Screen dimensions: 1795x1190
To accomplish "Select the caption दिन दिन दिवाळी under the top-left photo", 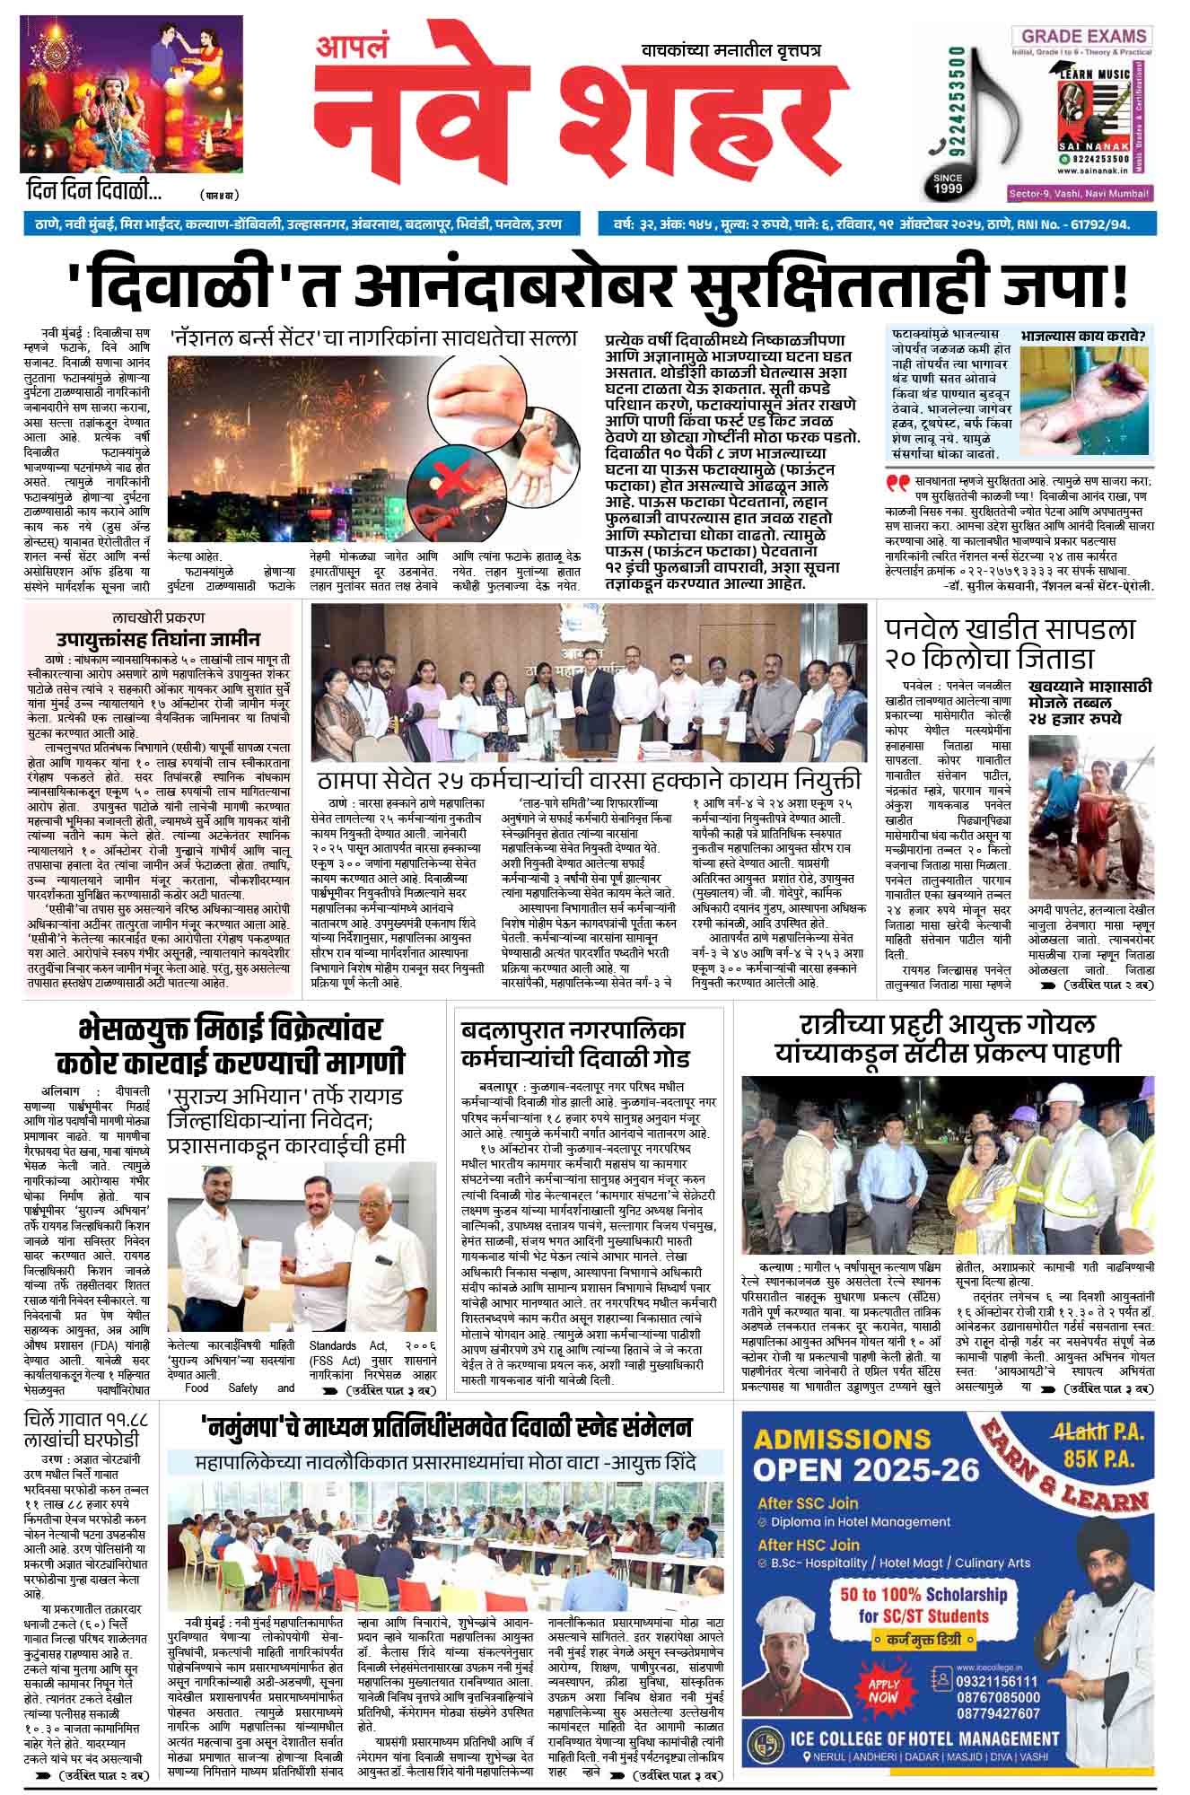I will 94,191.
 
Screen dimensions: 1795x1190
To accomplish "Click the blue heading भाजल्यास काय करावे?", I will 1086,337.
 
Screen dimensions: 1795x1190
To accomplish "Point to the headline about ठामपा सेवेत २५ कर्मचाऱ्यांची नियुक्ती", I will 588,777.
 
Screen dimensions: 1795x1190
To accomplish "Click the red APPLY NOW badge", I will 884,1691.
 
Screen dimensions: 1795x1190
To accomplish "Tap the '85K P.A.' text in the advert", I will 1103,1459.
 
